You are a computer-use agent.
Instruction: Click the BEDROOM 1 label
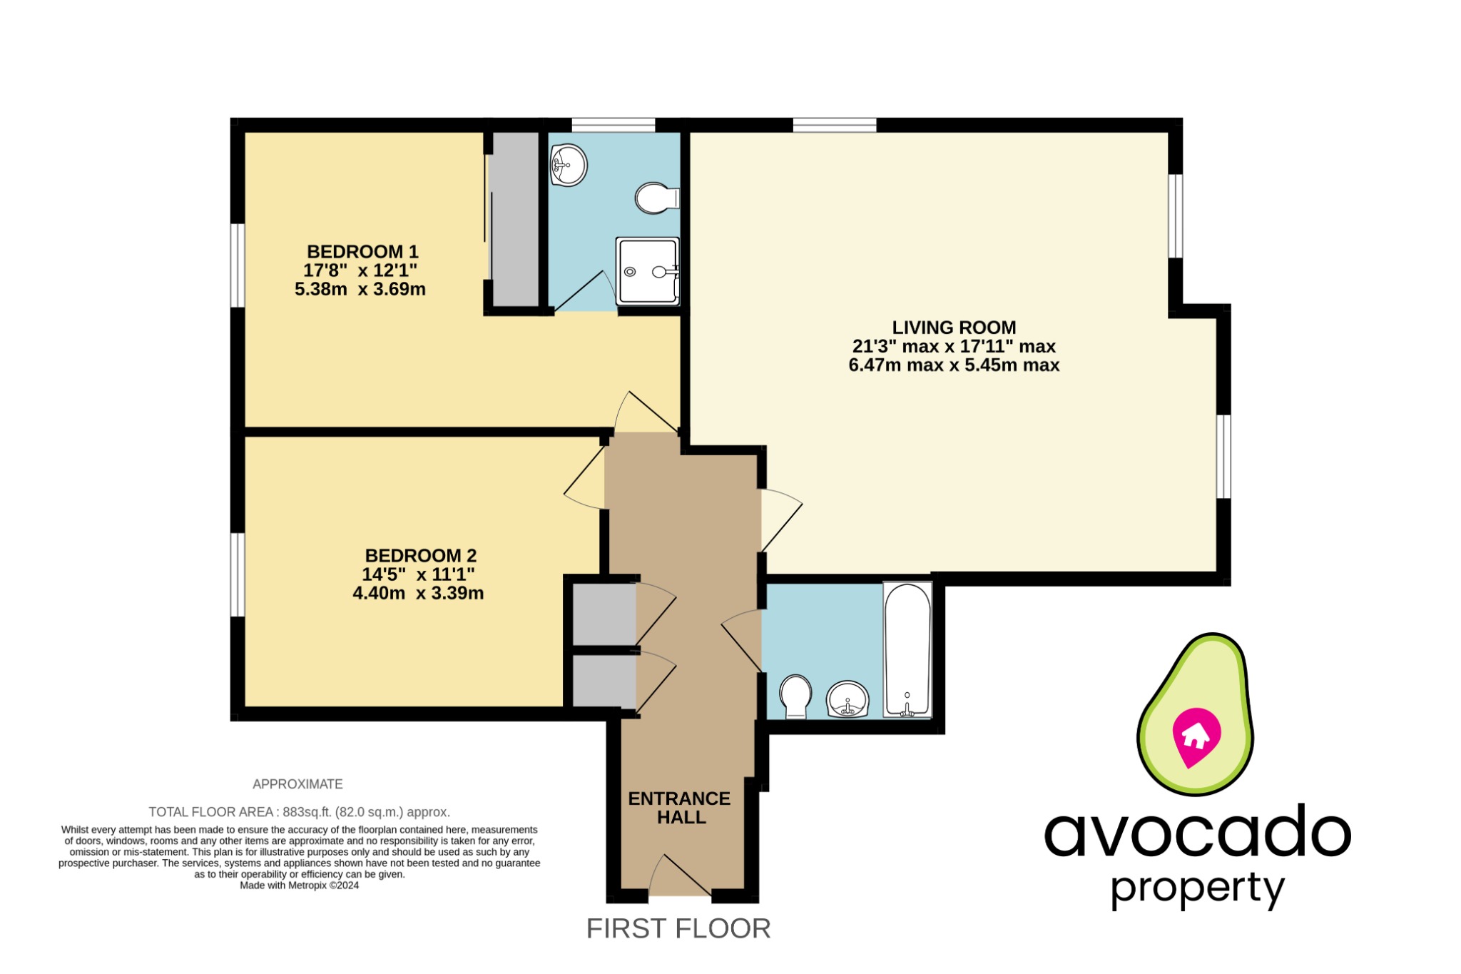coord(362,252)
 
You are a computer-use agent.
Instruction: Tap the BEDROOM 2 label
coord(420,555)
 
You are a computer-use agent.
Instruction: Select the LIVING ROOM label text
coord(954,328)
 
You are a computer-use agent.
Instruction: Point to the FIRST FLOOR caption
coord(678,928)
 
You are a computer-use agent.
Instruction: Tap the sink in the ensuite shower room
coord(569,166)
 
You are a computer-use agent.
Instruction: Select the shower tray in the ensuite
coord(648,271)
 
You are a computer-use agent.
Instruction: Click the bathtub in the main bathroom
coord(907,649)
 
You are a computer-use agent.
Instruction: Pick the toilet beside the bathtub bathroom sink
coord(795,696)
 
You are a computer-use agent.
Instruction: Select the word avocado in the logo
coord(1197,832)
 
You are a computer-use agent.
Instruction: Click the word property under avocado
coord(1197,889)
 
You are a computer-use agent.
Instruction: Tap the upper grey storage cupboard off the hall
coord(604,614)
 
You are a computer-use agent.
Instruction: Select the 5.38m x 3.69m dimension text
coord(360,290)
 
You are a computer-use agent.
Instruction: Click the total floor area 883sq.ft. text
coord(299,812)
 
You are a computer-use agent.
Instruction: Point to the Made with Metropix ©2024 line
coord(299,886)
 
